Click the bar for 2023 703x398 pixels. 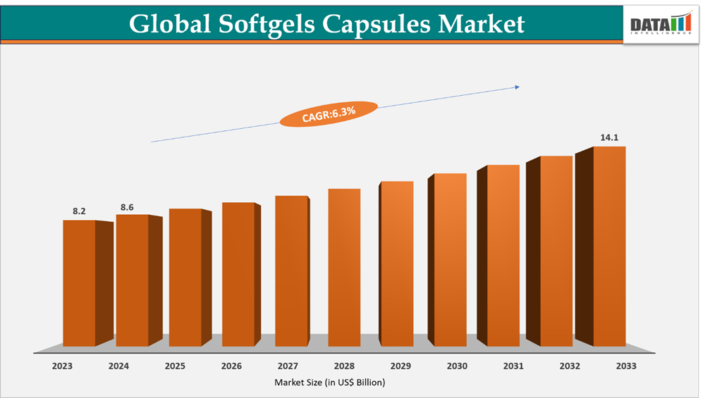point(79,283)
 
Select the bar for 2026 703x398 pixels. point(238,275)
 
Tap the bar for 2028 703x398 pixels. point(344,268)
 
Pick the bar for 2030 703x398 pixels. point(450,260)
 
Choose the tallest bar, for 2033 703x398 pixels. point(609,247)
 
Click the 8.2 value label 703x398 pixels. point(79,211)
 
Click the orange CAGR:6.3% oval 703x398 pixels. point(329,113)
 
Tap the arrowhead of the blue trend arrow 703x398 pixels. point(517,87)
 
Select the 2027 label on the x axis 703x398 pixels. point(288,366)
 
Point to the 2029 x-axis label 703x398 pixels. point(401,366)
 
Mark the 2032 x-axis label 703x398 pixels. point(570,366)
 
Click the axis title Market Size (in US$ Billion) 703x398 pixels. point(330,383)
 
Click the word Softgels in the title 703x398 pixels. point(274,24)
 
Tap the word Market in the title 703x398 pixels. point(482,24)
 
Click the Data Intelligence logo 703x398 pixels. point(661,23)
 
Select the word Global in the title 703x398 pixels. point(169,24)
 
